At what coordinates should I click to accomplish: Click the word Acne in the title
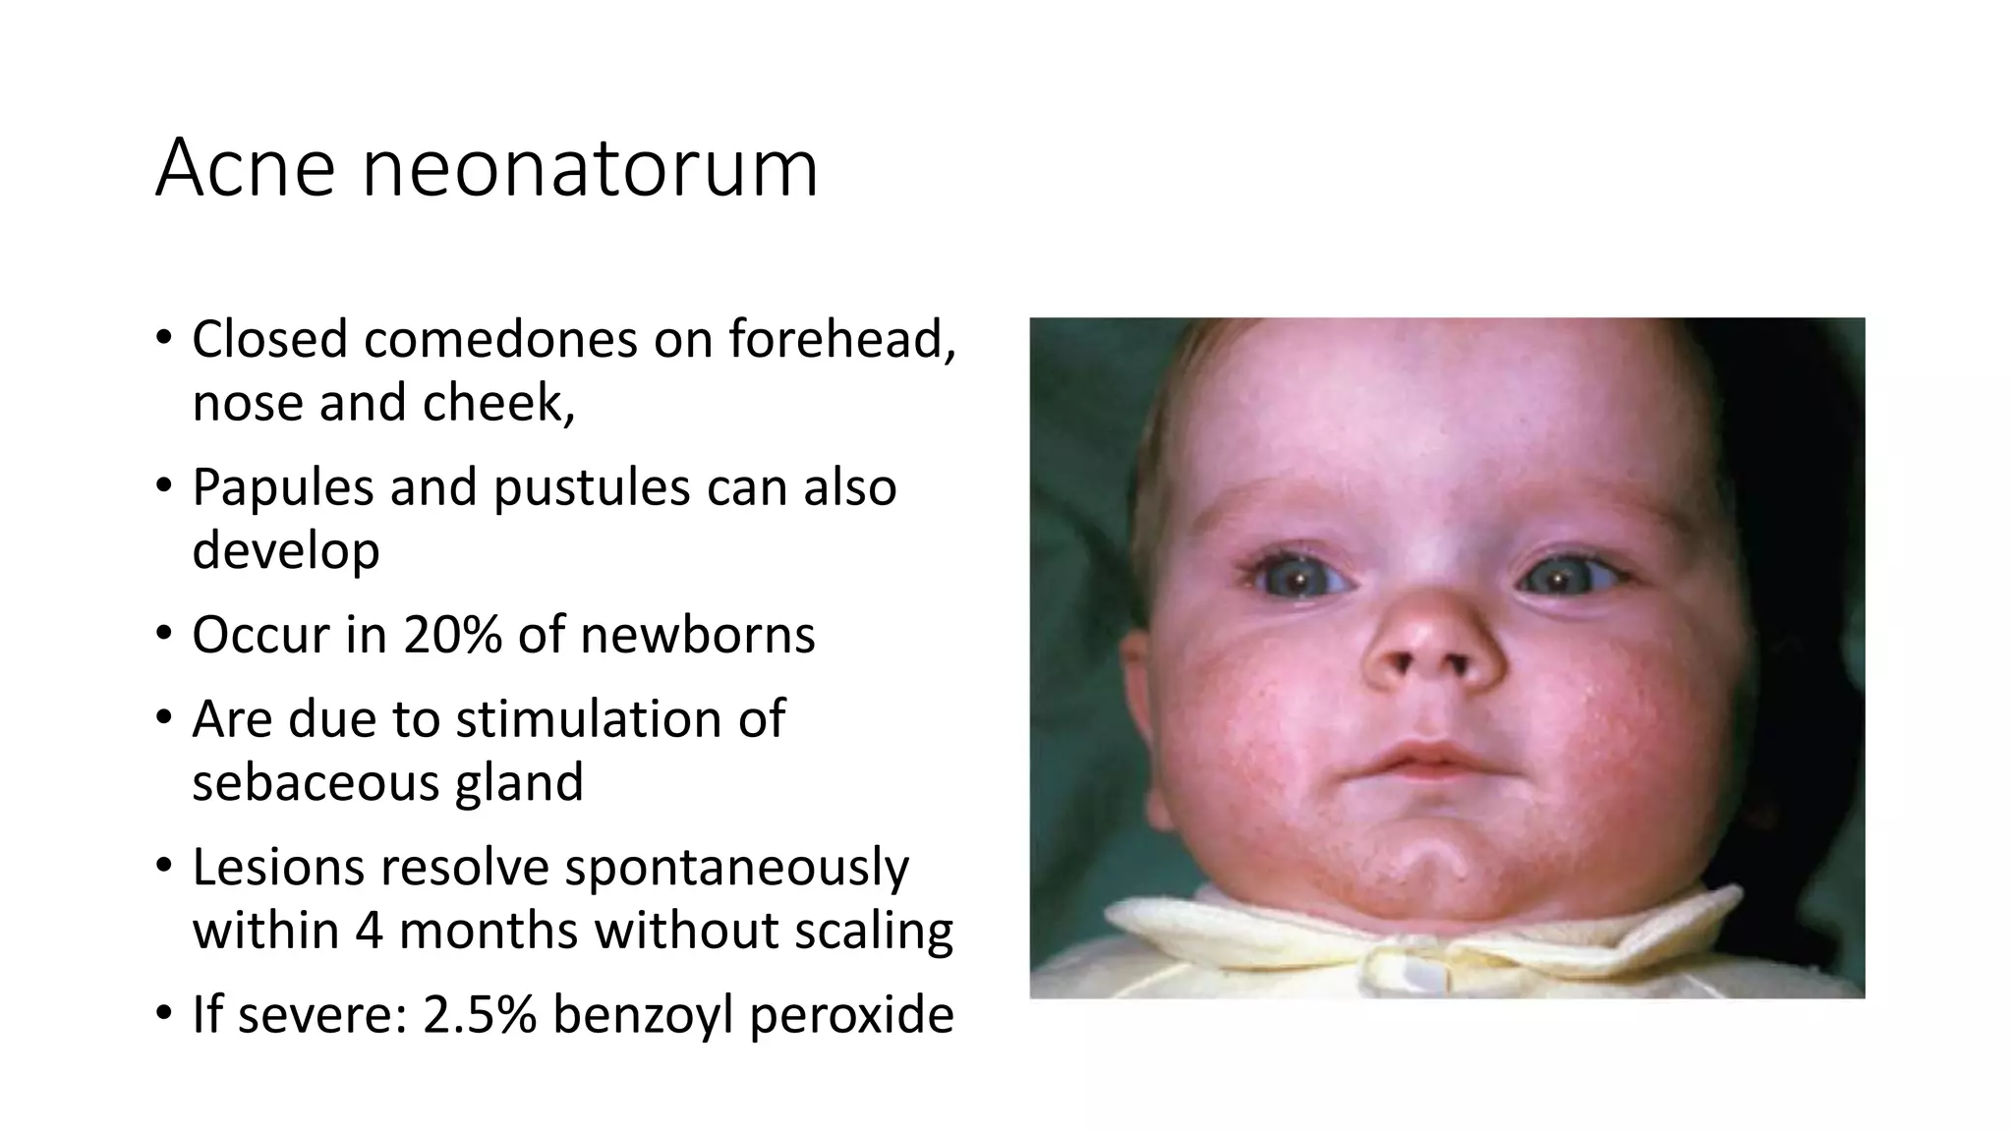pyautogui.click(x=246, y=169)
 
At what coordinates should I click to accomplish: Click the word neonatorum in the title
pyautogui.click(x=590, y=169)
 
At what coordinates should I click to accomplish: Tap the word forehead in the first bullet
pyautogui.click(x=841, y=340)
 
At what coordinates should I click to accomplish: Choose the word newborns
pyautogui.click(x=697, y=635)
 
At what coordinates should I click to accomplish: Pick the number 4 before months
pyautogui.click(x=369, y=930)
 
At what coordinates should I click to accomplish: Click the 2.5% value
pyautogui.click(x=479, y=1014)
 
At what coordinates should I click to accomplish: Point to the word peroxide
pyautogui.click(x=851, y=1014)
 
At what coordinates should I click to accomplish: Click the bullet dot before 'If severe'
pyautogui.click(x=163, y=1012)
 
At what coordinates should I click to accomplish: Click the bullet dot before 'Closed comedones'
pyautogui.click(x=163, y=338)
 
